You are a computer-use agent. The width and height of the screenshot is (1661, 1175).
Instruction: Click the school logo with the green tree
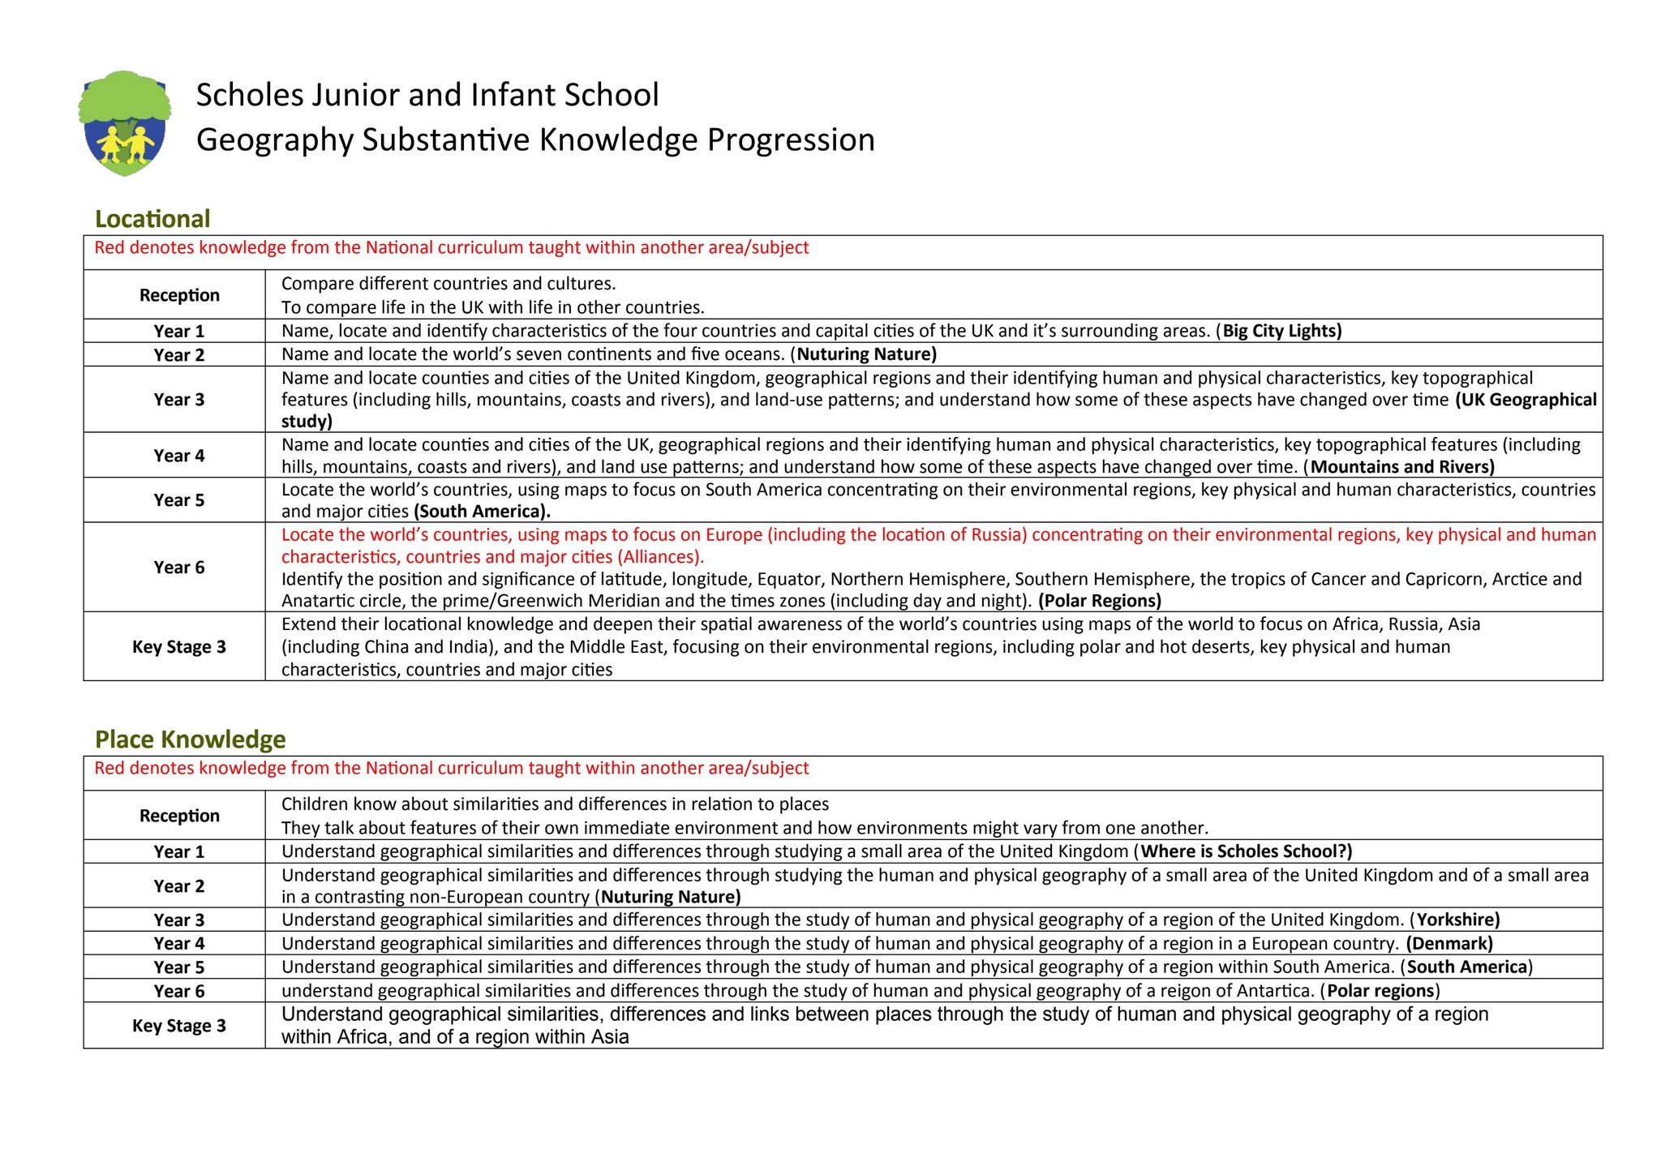click(x=124, y=123)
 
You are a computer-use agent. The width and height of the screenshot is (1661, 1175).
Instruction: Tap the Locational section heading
click(x=152, y=219)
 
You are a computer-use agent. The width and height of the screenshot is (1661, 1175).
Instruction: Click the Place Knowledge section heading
click(x=190, y=740)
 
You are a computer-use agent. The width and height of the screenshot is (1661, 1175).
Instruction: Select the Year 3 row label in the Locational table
click(x=178, y=400)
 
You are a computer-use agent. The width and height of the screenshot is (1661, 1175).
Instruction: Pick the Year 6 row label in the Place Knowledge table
click(x=178, y=991)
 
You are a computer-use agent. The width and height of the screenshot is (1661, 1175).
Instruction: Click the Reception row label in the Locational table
click(x=178, y=295)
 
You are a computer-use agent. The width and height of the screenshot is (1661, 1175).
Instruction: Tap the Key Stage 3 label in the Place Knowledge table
click(x=178, y=1026)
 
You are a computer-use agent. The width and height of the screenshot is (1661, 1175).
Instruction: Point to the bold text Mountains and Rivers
click(x=1401, y=467)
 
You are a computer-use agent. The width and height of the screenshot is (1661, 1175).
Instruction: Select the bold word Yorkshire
click(x=1457, y=920)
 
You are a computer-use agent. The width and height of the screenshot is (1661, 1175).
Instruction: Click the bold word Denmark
click(x=1449, y=943)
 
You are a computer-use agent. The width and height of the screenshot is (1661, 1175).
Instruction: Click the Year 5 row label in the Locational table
click(x=178, y=500)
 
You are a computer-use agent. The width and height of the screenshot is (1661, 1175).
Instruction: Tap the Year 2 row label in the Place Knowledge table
click(x=178, y=886)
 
